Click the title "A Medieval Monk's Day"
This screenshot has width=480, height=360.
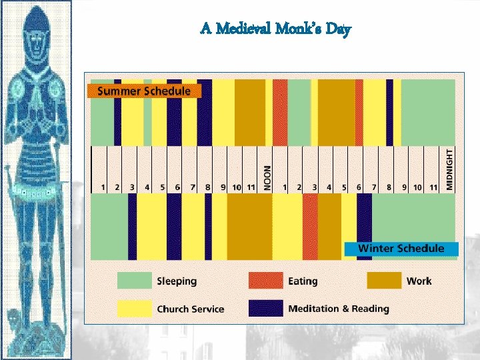click(x=275, y=29)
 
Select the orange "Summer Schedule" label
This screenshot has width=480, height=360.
click(x=144, y=91)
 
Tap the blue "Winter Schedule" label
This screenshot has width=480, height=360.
click(x=401, y=249)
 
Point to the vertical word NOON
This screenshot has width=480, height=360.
click(x=267, y=178)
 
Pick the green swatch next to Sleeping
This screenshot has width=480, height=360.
click(x=134, y=281)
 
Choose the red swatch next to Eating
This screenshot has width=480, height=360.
click(x=265, y=281)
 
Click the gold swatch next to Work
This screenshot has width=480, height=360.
click(x=383, y=281)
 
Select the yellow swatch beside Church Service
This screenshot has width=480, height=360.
click(x=134, y=308)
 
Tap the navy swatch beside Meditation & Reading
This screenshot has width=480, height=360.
click(x=265, y=308)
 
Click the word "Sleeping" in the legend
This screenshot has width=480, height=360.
click(x=177, y=281)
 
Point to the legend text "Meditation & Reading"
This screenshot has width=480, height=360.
click(x=338, y=309)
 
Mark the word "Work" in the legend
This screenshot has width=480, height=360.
click(x=419, y=281)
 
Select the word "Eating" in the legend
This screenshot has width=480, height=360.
click(x=303, y=281)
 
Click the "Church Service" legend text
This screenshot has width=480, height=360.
click(x=190, y=309)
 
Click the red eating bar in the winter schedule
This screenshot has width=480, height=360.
click(x=310, y=227)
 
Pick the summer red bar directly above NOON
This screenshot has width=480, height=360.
click(x=280, y=112)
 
